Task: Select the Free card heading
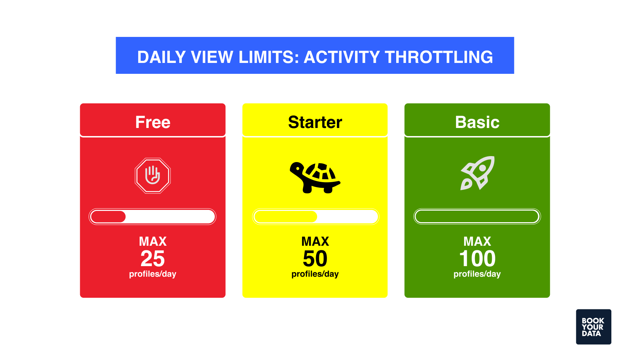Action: pyautogui.click(x=153, y=122)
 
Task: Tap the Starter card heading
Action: pyautogui.click(x=315, y=122)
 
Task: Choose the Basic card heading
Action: pyautogui.click(x=477, y=122)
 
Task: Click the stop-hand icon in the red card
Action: pyautogui.click(x=153, y=175)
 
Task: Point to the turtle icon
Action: pyautogui.click(x=315, y=177)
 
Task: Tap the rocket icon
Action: pyautogui.click(x=477, y=173)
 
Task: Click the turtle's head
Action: pyautogui.click(x=297, y=168)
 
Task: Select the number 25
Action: pyautogui.click(x=153, y=259)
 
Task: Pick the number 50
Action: pyautogui.click(x=315, y=259)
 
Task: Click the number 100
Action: pyautogui.click(x=477, y=259)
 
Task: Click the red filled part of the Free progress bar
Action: pyautogui.click(x=108, y=217)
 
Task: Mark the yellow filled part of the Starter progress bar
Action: pyautogui.click(x=285, y=217)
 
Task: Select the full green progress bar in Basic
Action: pyautogui.click(x=477, y=217)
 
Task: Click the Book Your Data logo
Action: pyautogui.click(x=593, y=327)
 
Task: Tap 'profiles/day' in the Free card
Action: pyautogui.click(x=153, y=274)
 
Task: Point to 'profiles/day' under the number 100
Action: pyautogui.click(x=477, y=274)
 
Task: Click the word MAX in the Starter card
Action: pyautogui.click(x=315, y=242)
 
